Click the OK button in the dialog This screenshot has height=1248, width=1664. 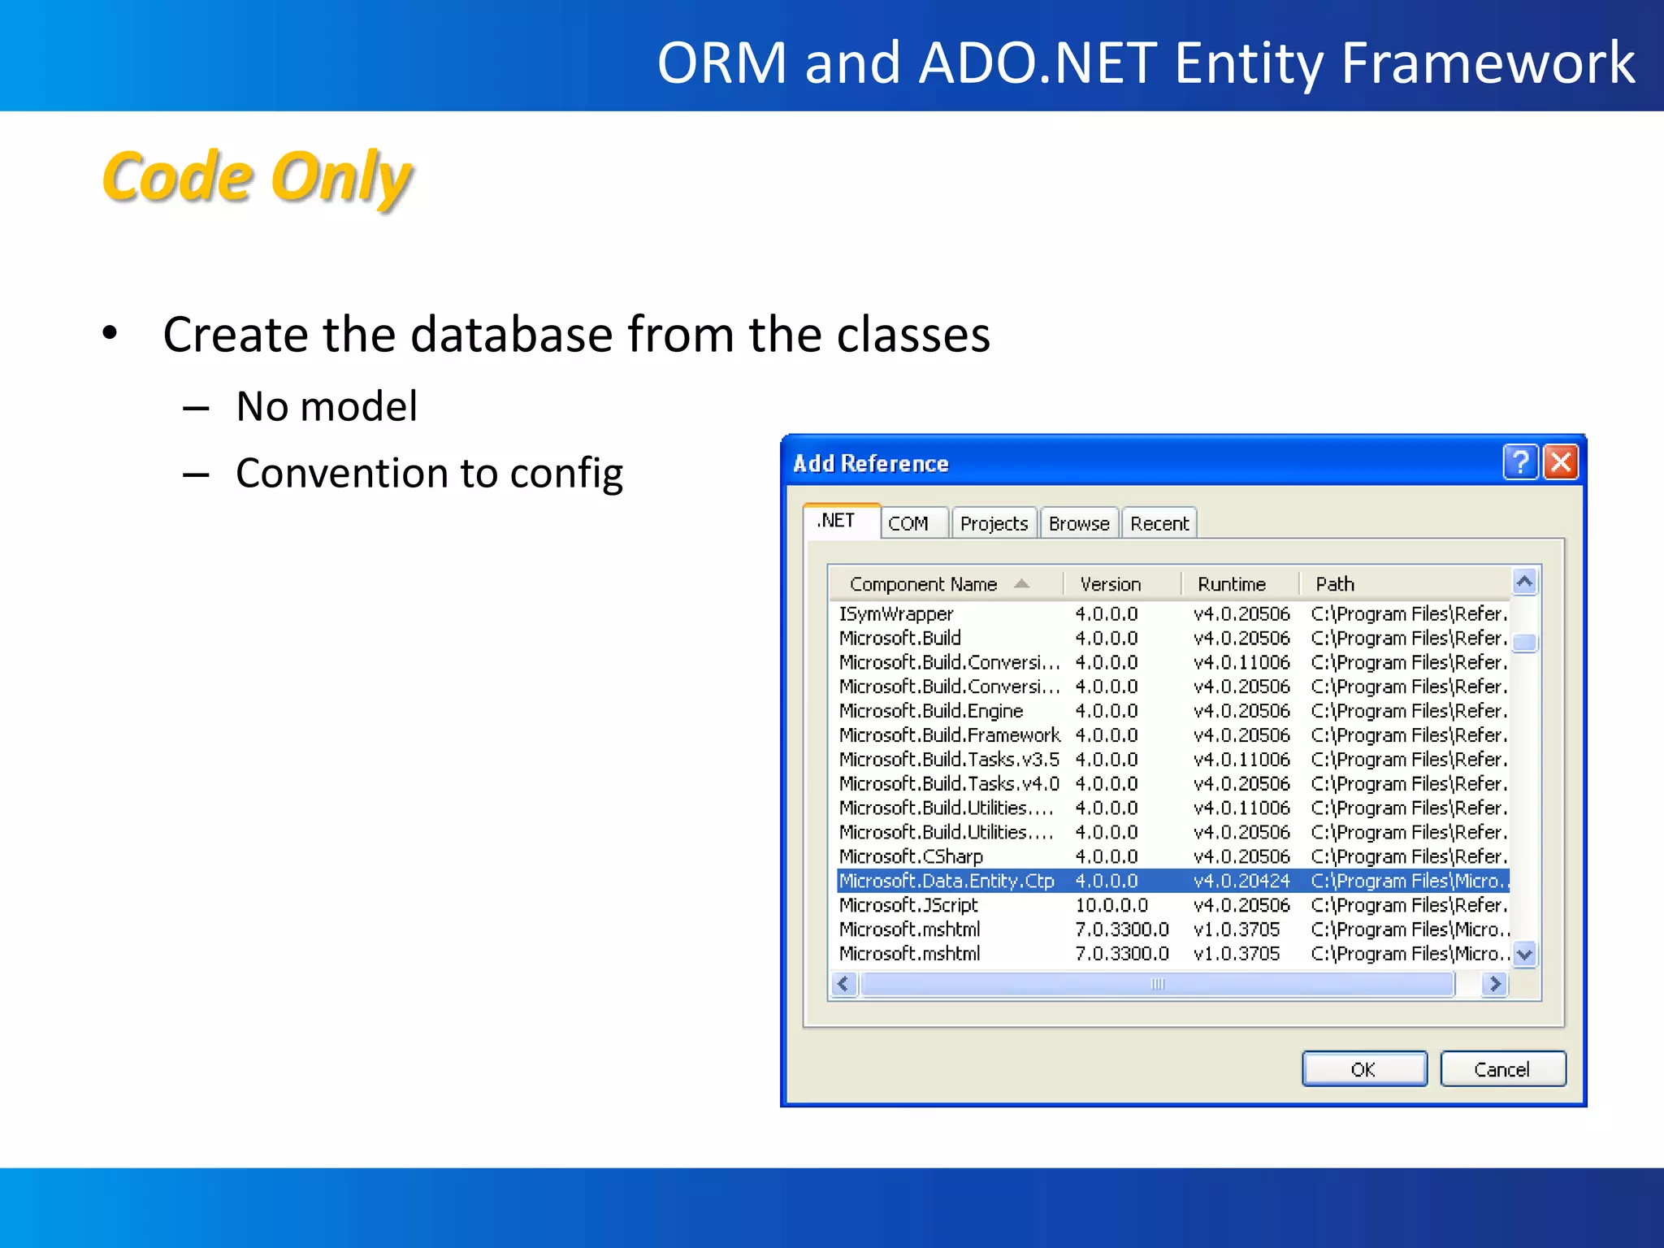1363,1068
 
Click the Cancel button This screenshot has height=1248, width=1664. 1501,1068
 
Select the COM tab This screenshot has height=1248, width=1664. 908,523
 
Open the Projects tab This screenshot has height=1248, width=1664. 994,523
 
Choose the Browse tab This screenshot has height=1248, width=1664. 1078,523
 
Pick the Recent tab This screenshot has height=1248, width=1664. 1159,523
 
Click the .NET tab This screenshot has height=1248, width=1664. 837,520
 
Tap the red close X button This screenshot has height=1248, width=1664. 1561,462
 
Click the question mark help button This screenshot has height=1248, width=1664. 1520,462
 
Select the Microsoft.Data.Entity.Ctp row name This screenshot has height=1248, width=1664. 947,881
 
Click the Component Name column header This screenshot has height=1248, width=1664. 923,584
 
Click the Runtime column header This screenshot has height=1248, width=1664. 1232,584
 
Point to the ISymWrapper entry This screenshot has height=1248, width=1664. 896,613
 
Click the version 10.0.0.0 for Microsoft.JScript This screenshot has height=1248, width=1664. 1111,905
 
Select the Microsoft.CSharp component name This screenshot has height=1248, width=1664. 911,856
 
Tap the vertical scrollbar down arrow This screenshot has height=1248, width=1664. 1525,954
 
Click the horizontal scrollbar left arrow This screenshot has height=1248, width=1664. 843,984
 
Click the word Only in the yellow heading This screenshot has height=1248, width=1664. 341,177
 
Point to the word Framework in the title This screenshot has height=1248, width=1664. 1487,63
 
